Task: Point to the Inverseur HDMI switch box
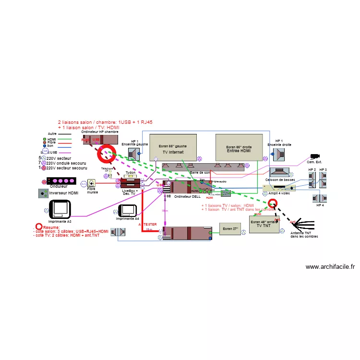pyautogui.click(x=44, y=193)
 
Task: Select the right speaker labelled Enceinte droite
pyautogui.click(x=278, y=154)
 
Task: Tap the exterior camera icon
pyautogui.click(x=315, y=156)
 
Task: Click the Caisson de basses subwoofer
pyautogui.click(x=279, y=172)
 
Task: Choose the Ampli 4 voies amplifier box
pyautogui.click(x=279, y=188)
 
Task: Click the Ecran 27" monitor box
pyautogui.click(x=230, y=229)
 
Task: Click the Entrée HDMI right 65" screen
pyautogui.click(x=239, y=147)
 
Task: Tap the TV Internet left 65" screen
pyautogui.click(x=173, y=147)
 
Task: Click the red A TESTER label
pyautogui.click(x=147, y=224)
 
